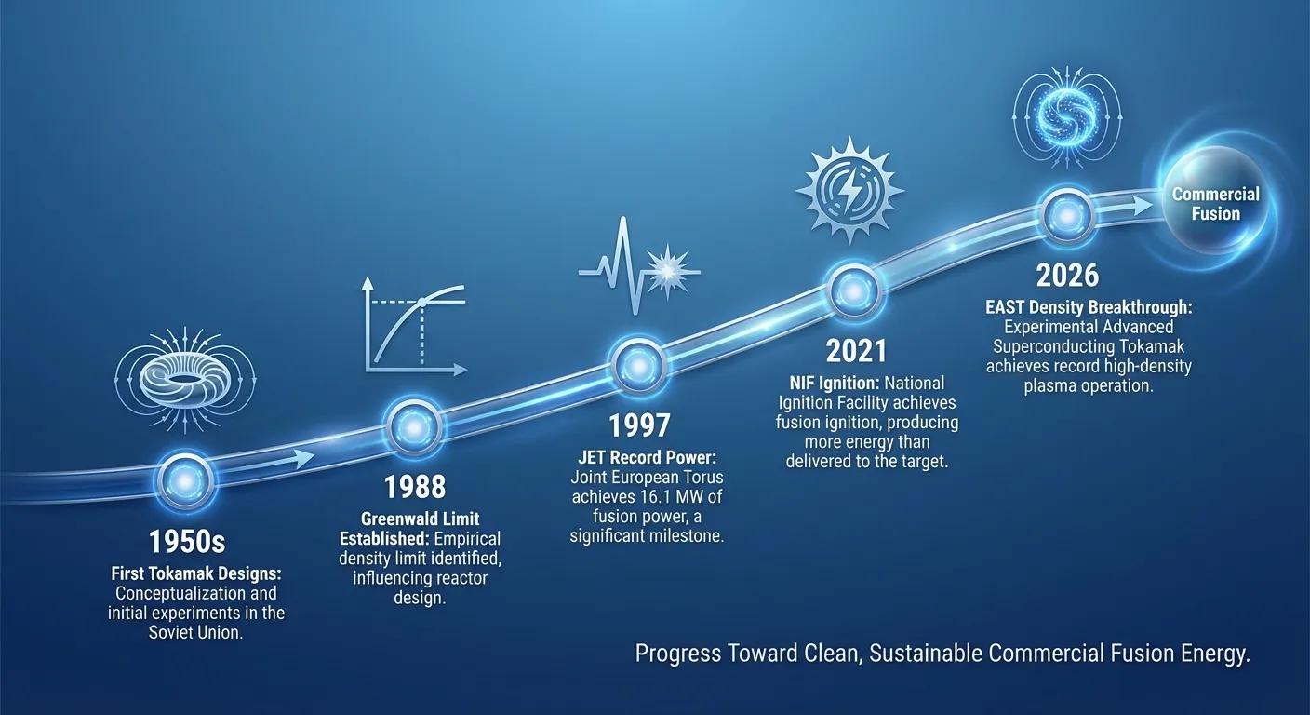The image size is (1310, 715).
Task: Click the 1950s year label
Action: tap(187, 543)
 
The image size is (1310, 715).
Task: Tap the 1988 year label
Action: tap(415, 486)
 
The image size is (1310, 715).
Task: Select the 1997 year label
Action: tap(639, 425)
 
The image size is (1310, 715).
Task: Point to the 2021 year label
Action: tap(856, 350)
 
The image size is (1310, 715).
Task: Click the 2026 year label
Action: tap(1067, 276)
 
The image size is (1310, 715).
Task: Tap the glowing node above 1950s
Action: tap(187, 479)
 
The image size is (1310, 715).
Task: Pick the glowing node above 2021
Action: tap(854, 290)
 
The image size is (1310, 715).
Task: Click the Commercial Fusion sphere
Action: tap(1216, 204)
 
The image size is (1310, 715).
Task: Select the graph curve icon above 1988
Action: tap(414, 327)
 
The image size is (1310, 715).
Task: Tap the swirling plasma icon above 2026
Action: tap(1067, 115)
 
